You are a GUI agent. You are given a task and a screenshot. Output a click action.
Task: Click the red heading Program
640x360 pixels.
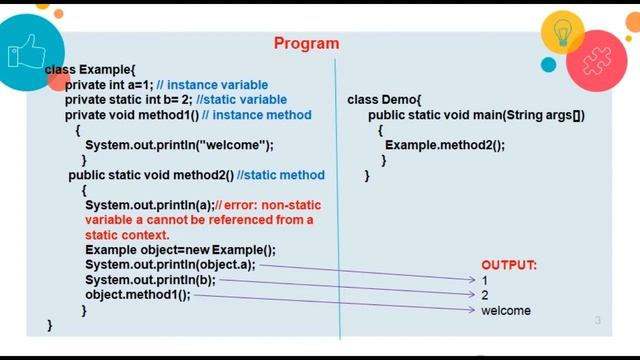[x=306, y=43]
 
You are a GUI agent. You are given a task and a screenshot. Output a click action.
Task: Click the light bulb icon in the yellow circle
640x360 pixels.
[x=562, y=33]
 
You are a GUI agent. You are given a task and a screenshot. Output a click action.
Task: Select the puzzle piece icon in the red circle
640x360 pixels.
[x=597, y=59]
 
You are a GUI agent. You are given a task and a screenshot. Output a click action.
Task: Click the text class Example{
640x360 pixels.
[x=89, y=69]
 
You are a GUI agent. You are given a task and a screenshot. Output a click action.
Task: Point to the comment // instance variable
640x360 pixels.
[x=212, y=85]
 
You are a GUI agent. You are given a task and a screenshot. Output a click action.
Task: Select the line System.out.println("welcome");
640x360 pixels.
[x=179, y=145]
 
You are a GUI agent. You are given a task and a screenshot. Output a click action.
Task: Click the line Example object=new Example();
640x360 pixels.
[x=180, y=250]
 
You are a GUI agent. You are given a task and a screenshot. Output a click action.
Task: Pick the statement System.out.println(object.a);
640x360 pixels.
[x=170, y=265]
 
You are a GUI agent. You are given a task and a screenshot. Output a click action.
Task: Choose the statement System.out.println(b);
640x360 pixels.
[x=150, y=280]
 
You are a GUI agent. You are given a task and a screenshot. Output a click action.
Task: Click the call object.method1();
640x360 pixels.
[x=137, y=295]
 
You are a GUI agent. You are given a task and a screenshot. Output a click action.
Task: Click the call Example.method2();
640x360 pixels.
[x=445, y=145]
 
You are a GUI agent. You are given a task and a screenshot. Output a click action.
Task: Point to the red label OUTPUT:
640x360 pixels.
[x=509, y=265]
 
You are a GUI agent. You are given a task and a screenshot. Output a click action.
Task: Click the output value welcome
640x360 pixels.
[x=505, y=311]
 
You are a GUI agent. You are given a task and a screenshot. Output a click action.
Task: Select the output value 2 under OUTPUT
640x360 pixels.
[x=485, y=296]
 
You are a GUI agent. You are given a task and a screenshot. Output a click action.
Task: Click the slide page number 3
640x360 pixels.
[x=597, y=321]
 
